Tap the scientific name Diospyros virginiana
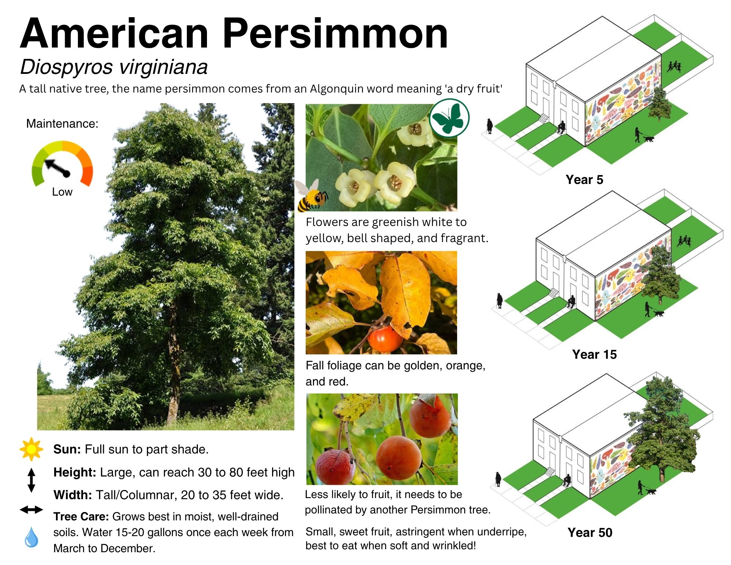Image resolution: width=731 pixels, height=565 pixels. [x=114, y=67]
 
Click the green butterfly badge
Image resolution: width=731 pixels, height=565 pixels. [x=449, y=118]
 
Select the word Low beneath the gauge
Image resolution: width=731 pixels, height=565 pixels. [x=62, y=192]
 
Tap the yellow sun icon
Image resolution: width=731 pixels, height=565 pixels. [x=31, y=449]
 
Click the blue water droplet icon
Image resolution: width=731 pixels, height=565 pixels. [x=31, y=537]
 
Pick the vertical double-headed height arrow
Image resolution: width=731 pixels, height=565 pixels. [x=31, y=480]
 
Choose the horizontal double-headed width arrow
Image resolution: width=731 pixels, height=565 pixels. [x=31, y=509]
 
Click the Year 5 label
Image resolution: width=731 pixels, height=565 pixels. [x=584, y=180]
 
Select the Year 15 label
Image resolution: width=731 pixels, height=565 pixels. [x=595, y=354]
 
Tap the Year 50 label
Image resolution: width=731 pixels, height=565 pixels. [x=590, y=532]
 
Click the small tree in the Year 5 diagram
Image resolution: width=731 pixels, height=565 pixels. [x=660, y=104]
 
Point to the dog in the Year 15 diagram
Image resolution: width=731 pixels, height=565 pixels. [x=659, y=313]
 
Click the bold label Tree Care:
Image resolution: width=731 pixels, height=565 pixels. [x=81, y=516]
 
